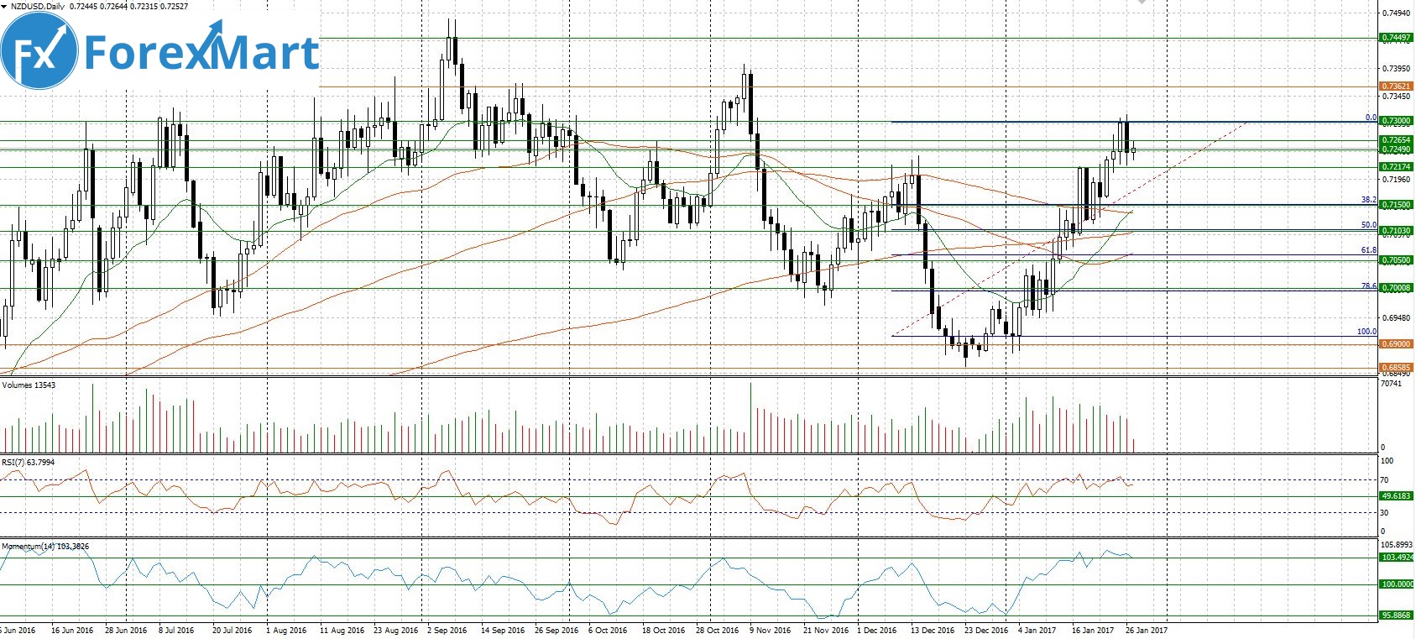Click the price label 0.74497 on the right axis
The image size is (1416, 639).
(x=1397, y=38)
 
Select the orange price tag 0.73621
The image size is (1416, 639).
(x=1397, y=86)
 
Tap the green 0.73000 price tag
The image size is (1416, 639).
(x=1397, y=121)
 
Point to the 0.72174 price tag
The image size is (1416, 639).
(x=1397, y=167)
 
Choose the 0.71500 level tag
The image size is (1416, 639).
(x=1397, y=205)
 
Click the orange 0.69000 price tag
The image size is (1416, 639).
(x=1397, y=344)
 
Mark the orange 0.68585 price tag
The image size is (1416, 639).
(x=1397, y=368)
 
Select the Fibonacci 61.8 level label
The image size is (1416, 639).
(x=1369, y=250)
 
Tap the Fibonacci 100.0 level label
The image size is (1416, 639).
(x=1366, y=332)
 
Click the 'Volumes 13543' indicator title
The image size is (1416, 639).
(x=29, y=385)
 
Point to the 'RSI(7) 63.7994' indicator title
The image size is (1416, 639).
(x=29, y=462)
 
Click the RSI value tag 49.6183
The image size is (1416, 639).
(x=1397, y=496)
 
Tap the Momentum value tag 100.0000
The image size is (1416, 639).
(x=1397, y=584)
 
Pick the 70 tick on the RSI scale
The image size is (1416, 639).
(x=1385, y=480)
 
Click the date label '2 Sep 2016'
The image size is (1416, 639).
(x=447, y=631)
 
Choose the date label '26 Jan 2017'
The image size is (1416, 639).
(x=1146, y=631)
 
